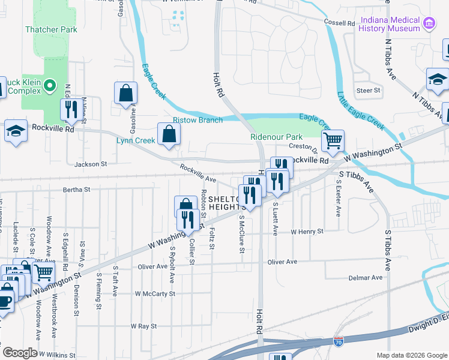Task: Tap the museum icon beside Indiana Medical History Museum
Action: [x=429, y=24]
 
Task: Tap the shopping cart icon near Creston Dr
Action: [x=332, y=142]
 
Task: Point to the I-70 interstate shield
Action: [x=339, y=341]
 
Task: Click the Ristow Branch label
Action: [x=197, y=120]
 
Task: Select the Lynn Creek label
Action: [x=136, y=140]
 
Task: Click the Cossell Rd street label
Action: [x=340, y=23]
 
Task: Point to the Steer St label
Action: [x=369, y=91]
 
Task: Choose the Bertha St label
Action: [x=76, y=190]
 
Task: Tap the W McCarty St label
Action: [x=155, y=294]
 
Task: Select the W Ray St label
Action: [x=143, y=326]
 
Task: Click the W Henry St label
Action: [x=307, y=231]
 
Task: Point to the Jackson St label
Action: [x=90, y=163]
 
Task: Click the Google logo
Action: [x=20, y=353]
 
